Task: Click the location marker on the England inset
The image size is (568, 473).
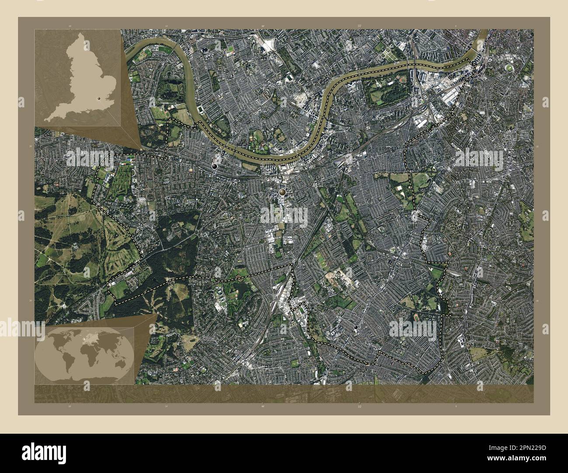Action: pos(99,99)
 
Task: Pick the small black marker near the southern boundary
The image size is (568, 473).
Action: pos(356,327)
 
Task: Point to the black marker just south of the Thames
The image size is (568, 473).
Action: pos(214,166)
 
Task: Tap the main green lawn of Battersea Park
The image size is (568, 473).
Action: pos(384,92)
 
